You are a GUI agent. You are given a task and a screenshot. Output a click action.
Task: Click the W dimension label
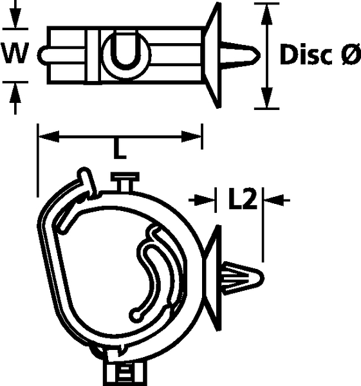pyautogui.click(x=15, y=53)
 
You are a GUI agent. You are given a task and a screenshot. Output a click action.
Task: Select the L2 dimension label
pyautogui.click(x=243, y=199)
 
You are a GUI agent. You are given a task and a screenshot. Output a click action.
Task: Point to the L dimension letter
pyautogui.click(x=120, y=149)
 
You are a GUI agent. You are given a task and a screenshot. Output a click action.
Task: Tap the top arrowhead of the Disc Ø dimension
pyautogui.click(x=266, y=14)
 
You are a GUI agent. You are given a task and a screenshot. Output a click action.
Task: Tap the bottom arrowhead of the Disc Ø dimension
pyautogui.click(x=266, y=98)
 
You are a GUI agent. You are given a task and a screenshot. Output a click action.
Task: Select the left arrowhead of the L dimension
pyautogui.click(x=49, y=136)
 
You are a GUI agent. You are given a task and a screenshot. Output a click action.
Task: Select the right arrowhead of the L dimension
pyautogui.click(x=191, y=136)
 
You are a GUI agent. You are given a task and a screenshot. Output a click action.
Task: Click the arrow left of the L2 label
pyautogui.click(x=202, y=200)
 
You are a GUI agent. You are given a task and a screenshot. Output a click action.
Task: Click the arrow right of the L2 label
pyautogui.click(x=277, y=200)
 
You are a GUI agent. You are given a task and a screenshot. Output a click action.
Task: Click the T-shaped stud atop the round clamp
pyautogui.click(x=125, y=181)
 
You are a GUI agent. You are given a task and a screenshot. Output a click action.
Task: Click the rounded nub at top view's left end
pyautogui.click(x=42, y=55)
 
